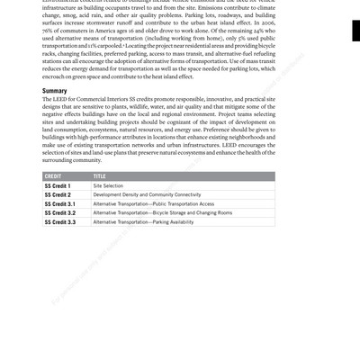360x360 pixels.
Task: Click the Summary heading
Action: click(56, 92)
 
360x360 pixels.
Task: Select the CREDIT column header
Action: click(55, 175)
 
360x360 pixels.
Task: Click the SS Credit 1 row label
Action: click(58, 185)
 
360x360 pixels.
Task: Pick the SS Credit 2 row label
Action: click(58, 194)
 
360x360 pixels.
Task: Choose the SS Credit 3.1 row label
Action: click(59, 203)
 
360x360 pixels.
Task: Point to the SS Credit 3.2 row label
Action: click(59, 212)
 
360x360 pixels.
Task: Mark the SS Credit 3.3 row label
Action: click(59, 221)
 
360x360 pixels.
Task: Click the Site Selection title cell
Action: click(109, 185)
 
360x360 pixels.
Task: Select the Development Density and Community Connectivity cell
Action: click(148, 194)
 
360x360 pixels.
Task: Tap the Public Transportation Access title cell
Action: click(154, 203)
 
